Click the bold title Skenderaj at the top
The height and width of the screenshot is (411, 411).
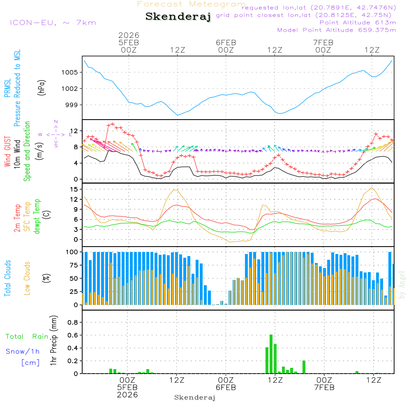click(x=178, y=17)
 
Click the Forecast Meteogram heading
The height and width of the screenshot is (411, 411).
click(x=192, y=4)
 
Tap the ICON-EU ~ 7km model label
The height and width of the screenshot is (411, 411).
click(x=53, y=23)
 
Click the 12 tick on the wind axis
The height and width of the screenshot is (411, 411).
click(x=74, y=130)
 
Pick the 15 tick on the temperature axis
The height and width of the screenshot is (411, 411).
click(x=74, y=189)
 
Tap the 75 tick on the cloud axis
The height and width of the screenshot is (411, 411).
click(x=74, y=265)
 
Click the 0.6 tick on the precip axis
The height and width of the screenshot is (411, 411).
click(x=72, y=335)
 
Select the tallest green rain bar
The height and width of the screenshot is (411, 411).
click(x=271, y=354)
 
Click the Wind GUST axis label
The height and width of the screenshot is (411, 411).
click(x=8, y=148)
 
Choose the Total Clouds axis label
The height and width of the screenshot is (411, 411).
click(x=8, y=278)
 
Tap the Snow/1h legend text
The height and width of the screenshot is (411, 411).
click(x=23, y=351)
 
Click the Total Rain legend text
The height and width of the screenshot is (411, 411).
click(x=27, y=336)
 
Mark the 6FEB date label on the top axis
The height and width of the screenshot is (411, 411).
click(x=226, y=42)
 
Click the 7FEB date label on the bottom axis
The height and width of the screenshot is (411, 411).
click(x=324, y=388)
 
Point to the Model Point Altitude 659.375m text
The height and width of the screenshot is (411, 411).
click(x=337, y=30)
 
